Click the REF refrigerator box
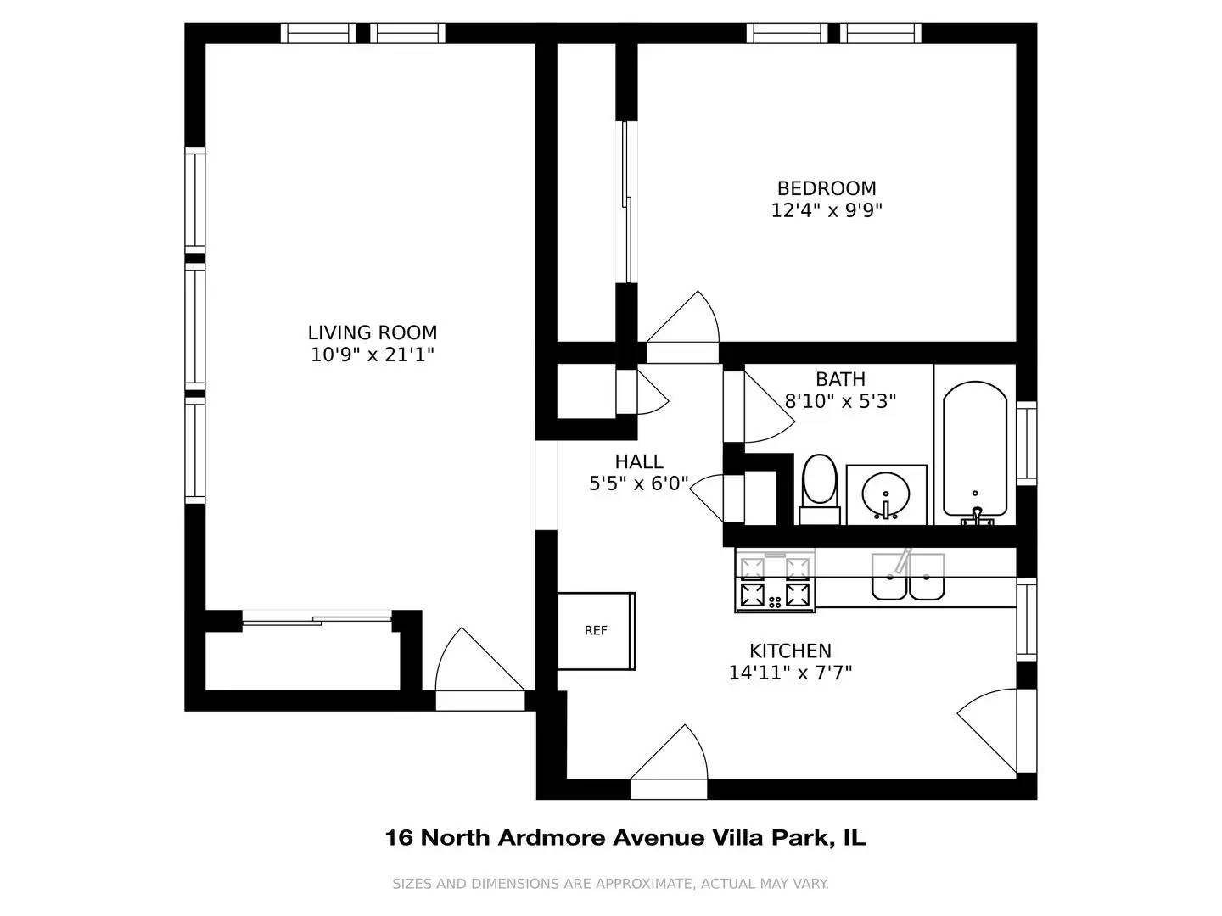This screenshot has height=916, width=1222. click(596, 631)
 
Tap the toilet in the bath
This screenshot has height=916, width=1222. click(819, 484)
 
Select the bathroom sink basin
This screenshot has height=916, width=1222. click(886, 494)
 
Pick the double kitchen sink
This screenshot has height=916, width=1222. click(908, 578)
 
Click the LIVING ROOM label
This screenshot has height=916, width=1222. click(373, 332)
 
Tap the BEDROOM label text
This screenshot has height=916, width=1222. click(827, 188)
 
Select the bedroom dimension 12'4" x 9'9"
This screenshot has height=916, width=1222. click(827, 210)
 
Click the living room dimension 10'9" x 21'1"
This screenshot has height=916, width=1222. click(373, 355)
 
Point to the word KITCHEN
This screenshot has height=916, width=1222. click(790, 651)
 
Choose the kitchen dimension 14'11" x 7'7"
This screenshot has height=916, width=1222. click(790, 673)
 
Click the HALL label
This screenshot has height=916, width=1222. click(639, 461)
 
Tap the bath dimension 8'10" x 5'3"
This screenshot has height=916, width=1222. click(840, 401)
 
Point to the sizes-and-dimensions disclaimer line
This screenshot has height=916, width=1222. click(610, 884)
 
